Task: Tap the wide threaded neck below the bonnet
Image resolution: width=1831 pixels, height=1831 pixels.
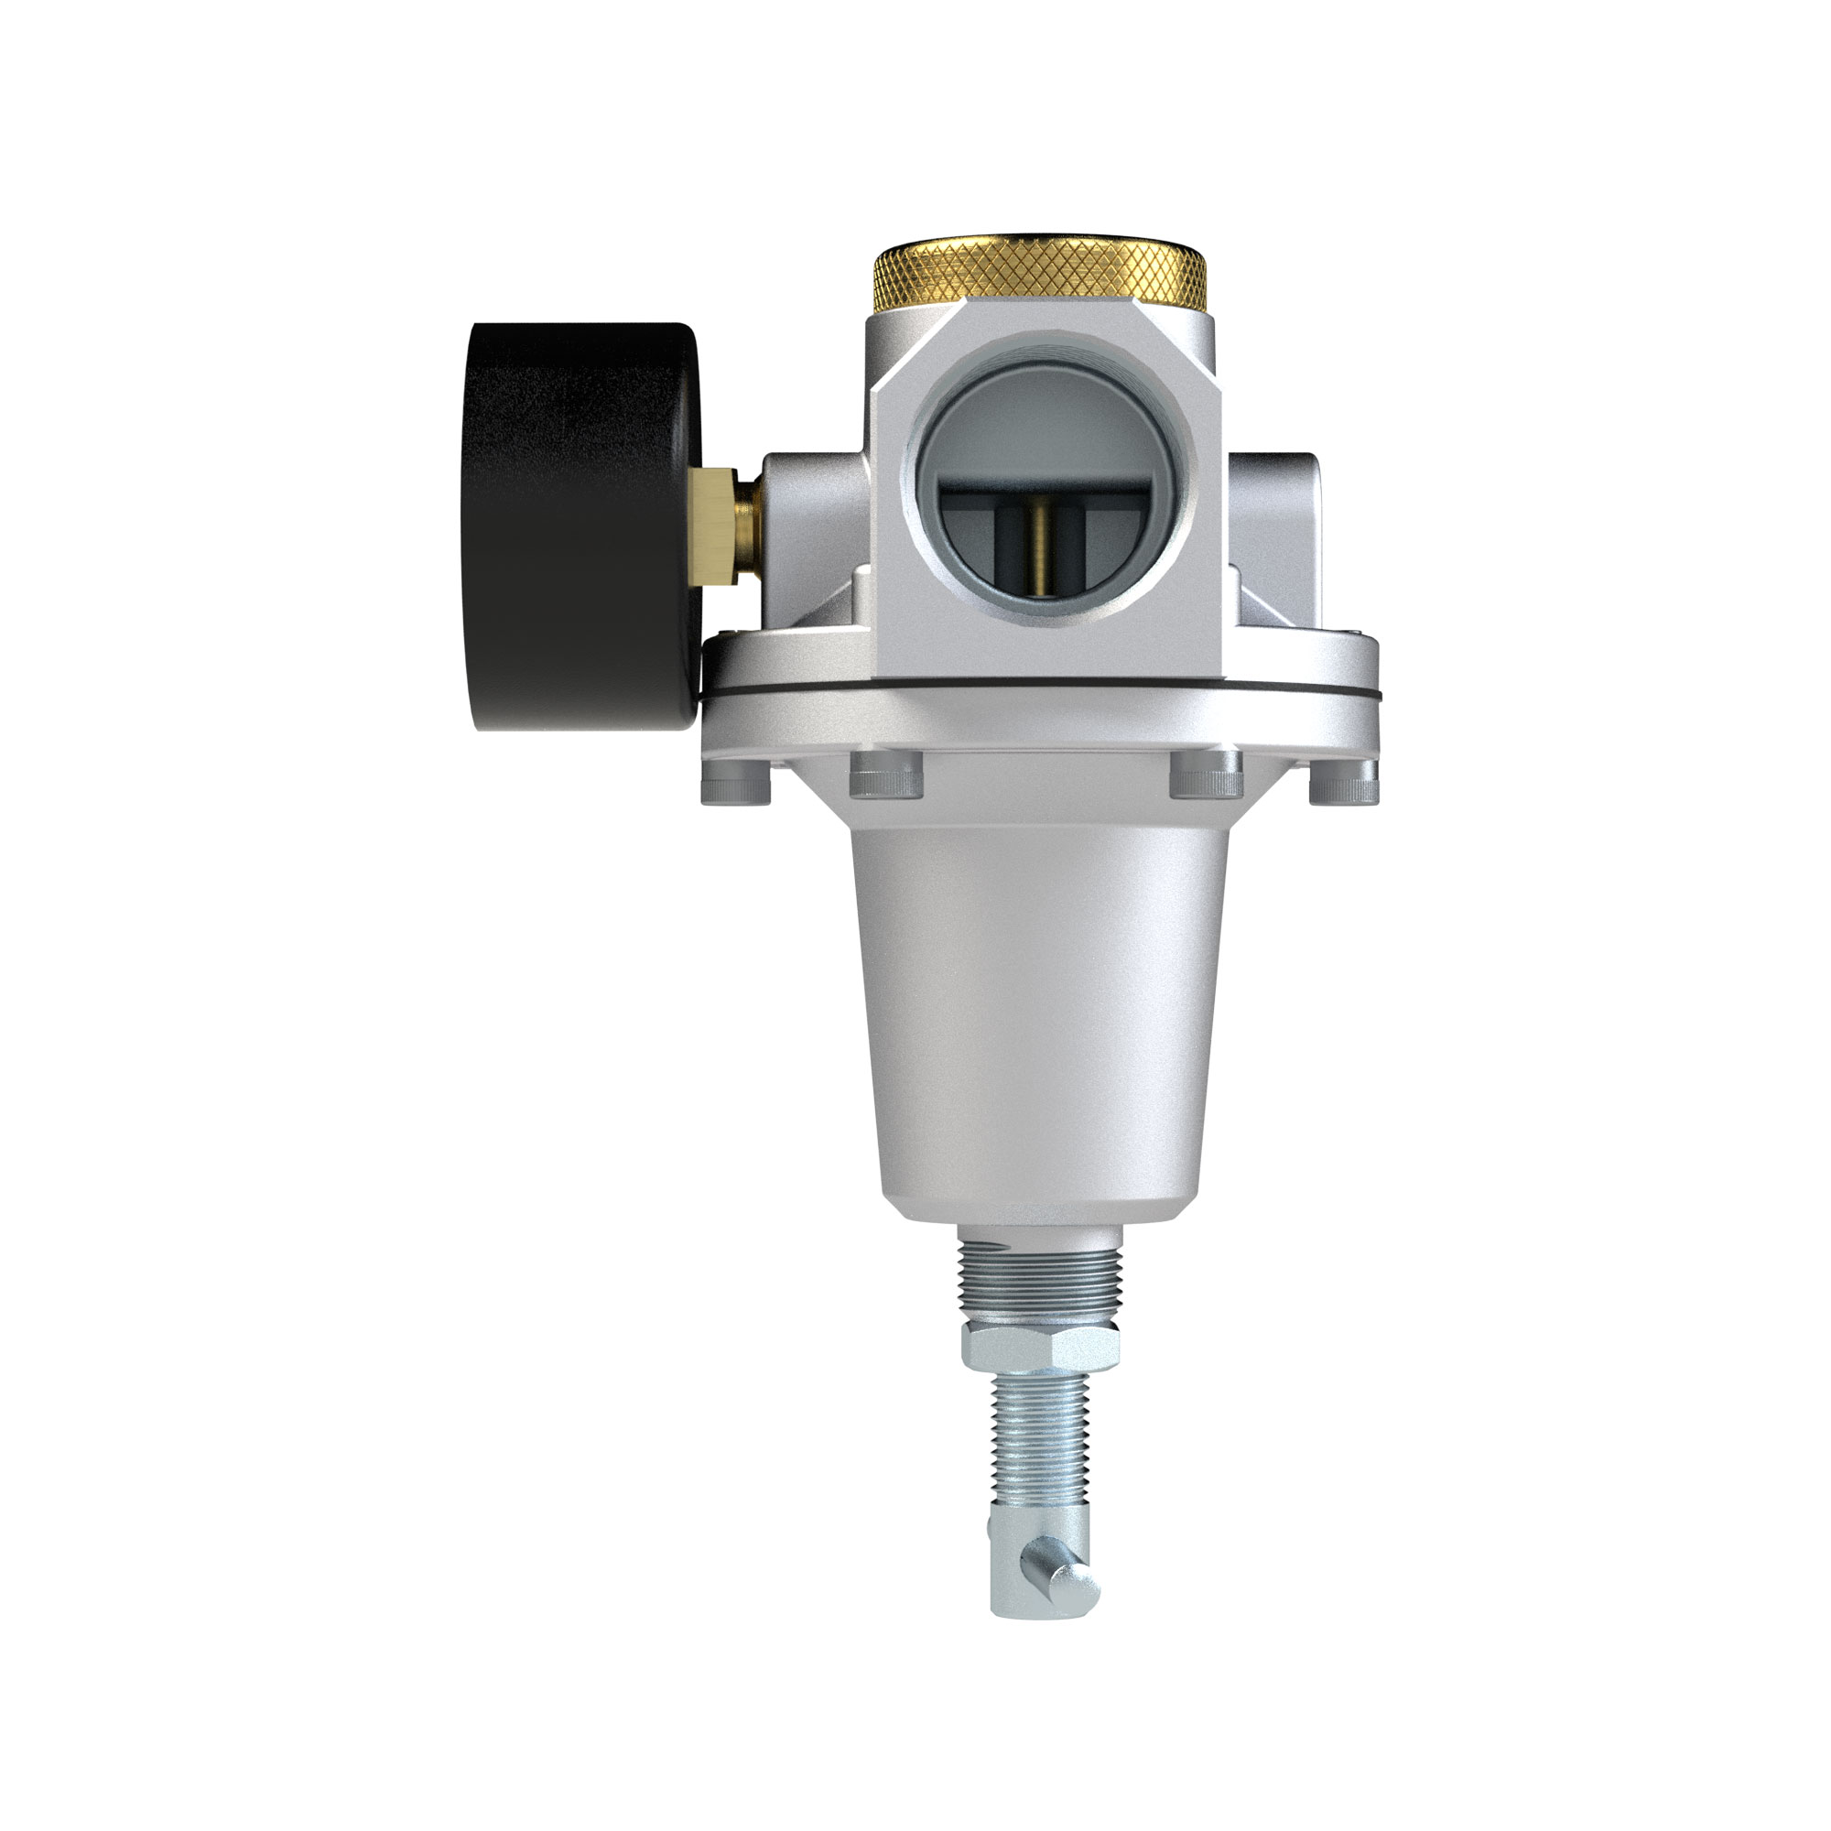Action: pyautogui.click(x=1041, y=1274)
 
